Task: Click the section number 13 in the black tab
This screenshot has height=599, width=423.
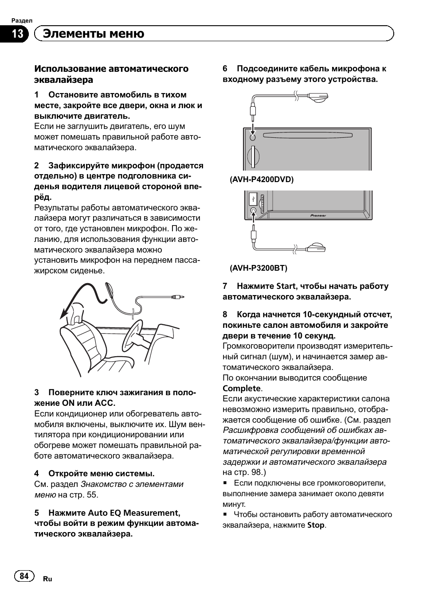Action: click(17, 34)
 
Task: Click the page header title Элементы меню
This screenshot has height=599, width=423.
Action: click(94, 34)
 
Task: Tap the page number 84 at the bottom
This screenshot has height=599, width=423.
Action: click(24, 576)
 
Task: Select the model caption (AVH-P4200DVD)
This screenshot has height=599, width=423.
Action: click(261, 179)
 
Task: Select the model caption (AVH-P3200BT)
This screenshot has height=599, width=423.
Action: click(258, 268)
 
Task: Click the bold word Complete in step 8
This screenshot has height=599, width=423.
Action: click(242, 389)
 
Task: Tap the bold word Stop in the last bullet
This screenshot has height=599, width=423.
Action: click(316, 525)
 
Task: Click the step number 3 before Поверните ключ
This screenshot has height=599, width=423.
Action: click(37, 393)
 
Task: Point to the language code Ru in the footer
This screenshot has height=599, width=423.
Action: click(47, 579)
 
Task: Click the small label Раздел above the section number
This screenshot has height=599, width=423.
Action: click(22, 21)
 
